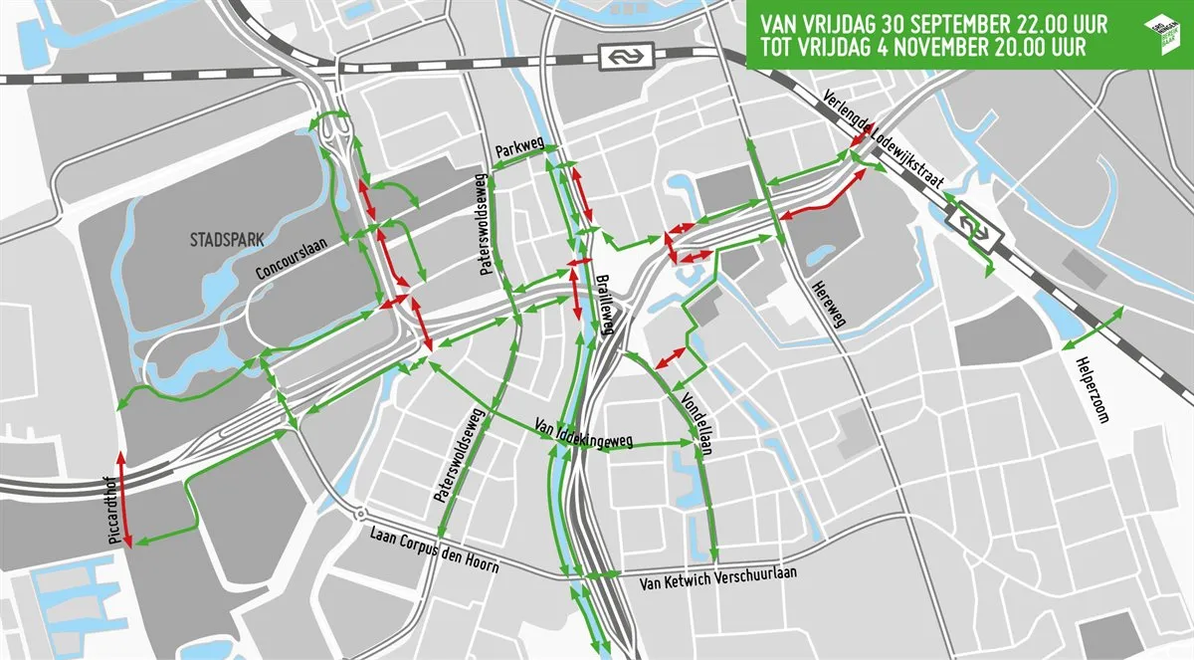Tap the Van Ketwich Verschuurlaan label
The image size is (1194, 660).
[x=718, y=577]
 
